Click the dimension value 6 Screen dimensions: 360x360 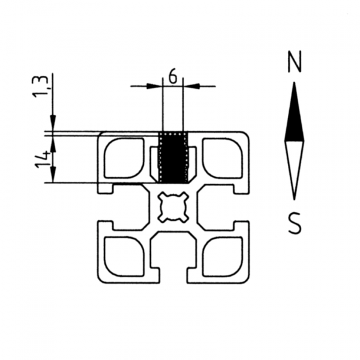point(173,76)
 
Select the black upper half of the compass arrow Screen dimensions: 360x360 point(294,117)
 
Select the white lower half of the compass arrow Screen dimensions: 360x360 point(294,165)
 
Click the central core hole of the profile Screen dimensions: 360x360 point(173,207)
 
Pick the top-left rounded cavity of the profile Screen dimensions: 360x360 point(124,158)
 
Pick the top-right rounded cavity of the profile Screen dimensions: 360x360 point(223,158)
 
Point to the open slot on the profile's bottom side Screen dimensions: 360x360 point(173,264)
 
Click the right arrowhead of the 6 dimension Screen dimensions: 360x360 point(190,86)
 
